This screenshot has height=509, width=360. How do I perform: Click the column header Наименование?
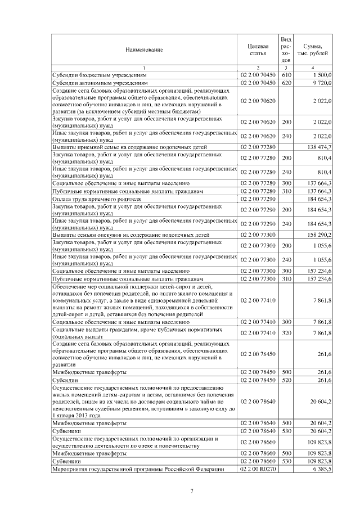(144, 49)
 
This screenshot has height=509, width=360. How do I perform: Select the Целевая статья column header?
(258, 49)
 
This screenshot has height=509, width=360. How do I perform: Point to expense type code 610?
(285, 74)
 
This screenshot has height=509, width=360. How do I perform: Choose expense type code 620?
(285, 82)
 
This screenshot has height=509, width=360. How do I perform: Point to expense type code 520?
(285, 380)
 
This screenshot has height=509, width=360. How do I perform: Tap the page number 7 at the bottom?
(191, 492)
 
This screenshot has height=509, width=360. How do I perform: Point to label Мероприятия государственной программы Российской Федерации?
(138, 469)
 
